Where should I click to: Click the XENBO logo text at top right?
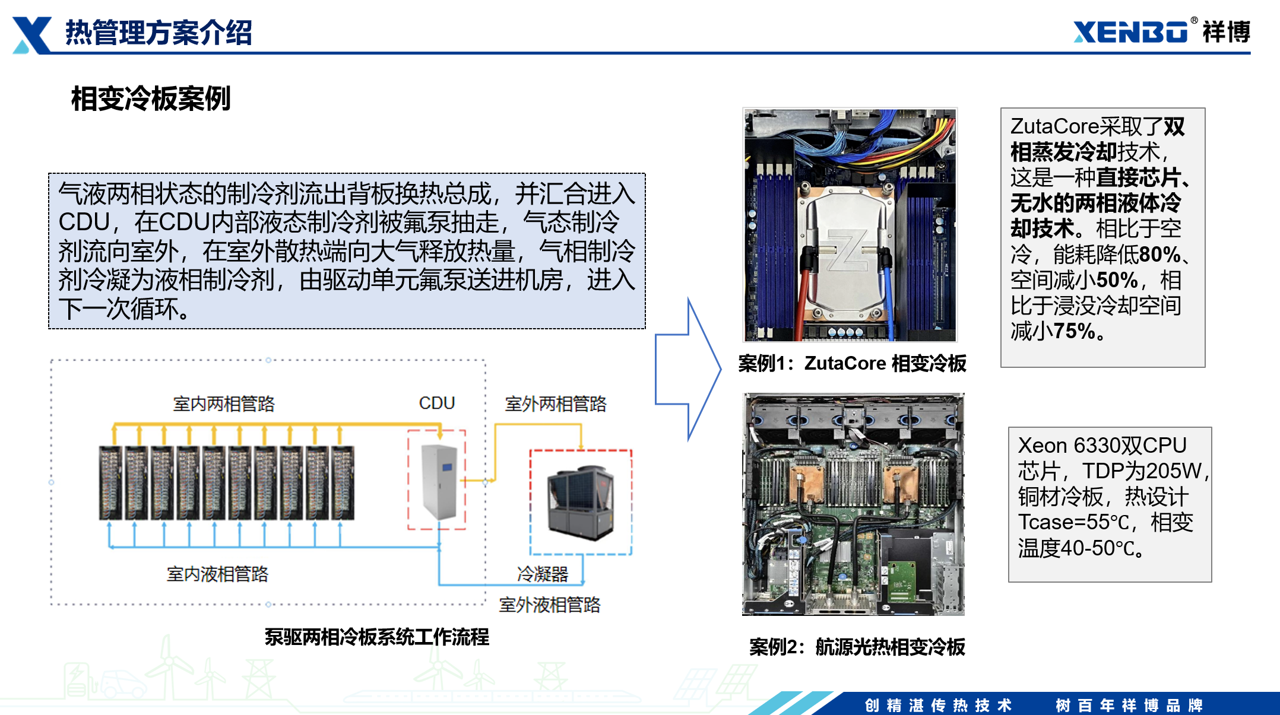tap(1130, 32)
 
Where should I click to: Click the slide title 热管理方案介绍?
tap(159, 32)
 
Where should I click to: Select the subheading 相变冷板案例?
tap(151, 98)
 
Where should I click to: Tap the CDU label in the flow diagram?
tap(436, 403)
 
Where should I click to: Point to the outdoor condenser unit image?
tap(580, 502)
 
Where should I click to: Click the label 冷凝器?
tap(543, 574)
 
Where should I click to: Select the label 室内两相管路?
tap(224, 403)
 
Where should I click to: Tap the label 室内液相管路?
tap(217, 574)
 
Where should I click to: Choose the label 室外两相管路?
tap(556, 403)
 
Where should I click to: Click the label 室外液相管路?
tap(550, 605)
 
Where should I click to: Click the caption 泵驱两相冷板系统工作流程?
tap(377, 637)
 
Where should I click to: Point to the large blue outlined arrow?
tap(688, 369)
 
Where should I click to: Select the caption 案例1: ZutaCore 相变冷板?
tap(853, 363)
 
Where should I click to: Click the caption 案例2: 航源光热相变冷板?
tap(857, 647)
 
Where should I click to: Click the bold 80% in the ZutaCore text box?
tap(1159, 255)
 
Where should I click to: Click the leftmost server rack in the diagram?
tap(110, 482)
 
